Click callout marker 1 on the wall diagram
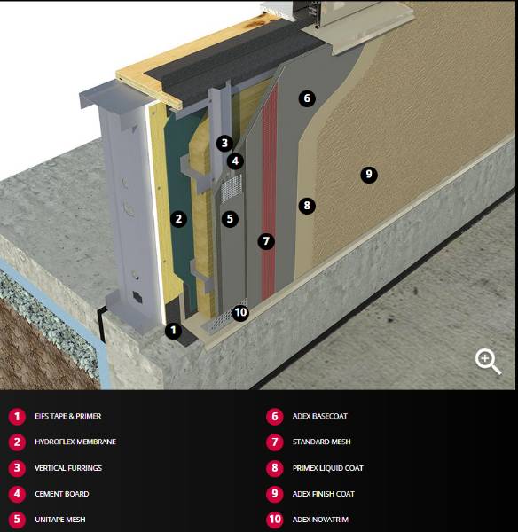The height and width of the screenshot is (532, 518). (174, 331)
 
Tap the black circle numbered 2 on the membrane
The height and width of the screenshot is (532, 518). (178, 218)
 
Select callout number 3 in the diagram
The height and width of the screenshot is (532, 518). (224, 142)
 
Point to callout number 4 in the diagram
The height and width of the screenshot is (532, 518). (234, 160)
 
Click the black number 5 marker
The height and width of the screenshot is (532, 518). (230, 217)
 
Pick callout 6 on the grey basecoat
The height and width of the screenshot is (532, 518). (307, 98)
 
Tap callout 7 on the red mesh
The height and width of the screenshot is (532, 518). (264, 240)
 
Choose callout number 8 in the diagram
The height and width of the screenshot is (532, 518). (307, 206)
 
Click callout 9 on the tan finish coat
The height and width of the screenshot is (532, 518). (369, 175)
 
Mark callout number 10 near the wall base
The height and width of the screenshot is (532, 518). (240, 312)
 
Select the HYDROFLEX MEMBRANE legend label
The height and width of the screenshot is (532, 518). (75, 442)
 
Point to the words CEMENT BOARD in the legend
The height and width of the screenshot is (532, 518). (61, 493)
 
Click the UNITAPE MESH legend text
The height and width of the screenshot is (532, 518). (60, 519)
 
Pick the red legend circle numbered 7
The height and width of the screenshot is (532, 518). (274, 442)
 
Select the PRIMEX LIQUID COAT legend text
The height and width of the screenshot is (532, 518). (327, 467)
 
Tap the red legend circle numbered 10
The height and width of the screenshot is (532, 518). (274, 519)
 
